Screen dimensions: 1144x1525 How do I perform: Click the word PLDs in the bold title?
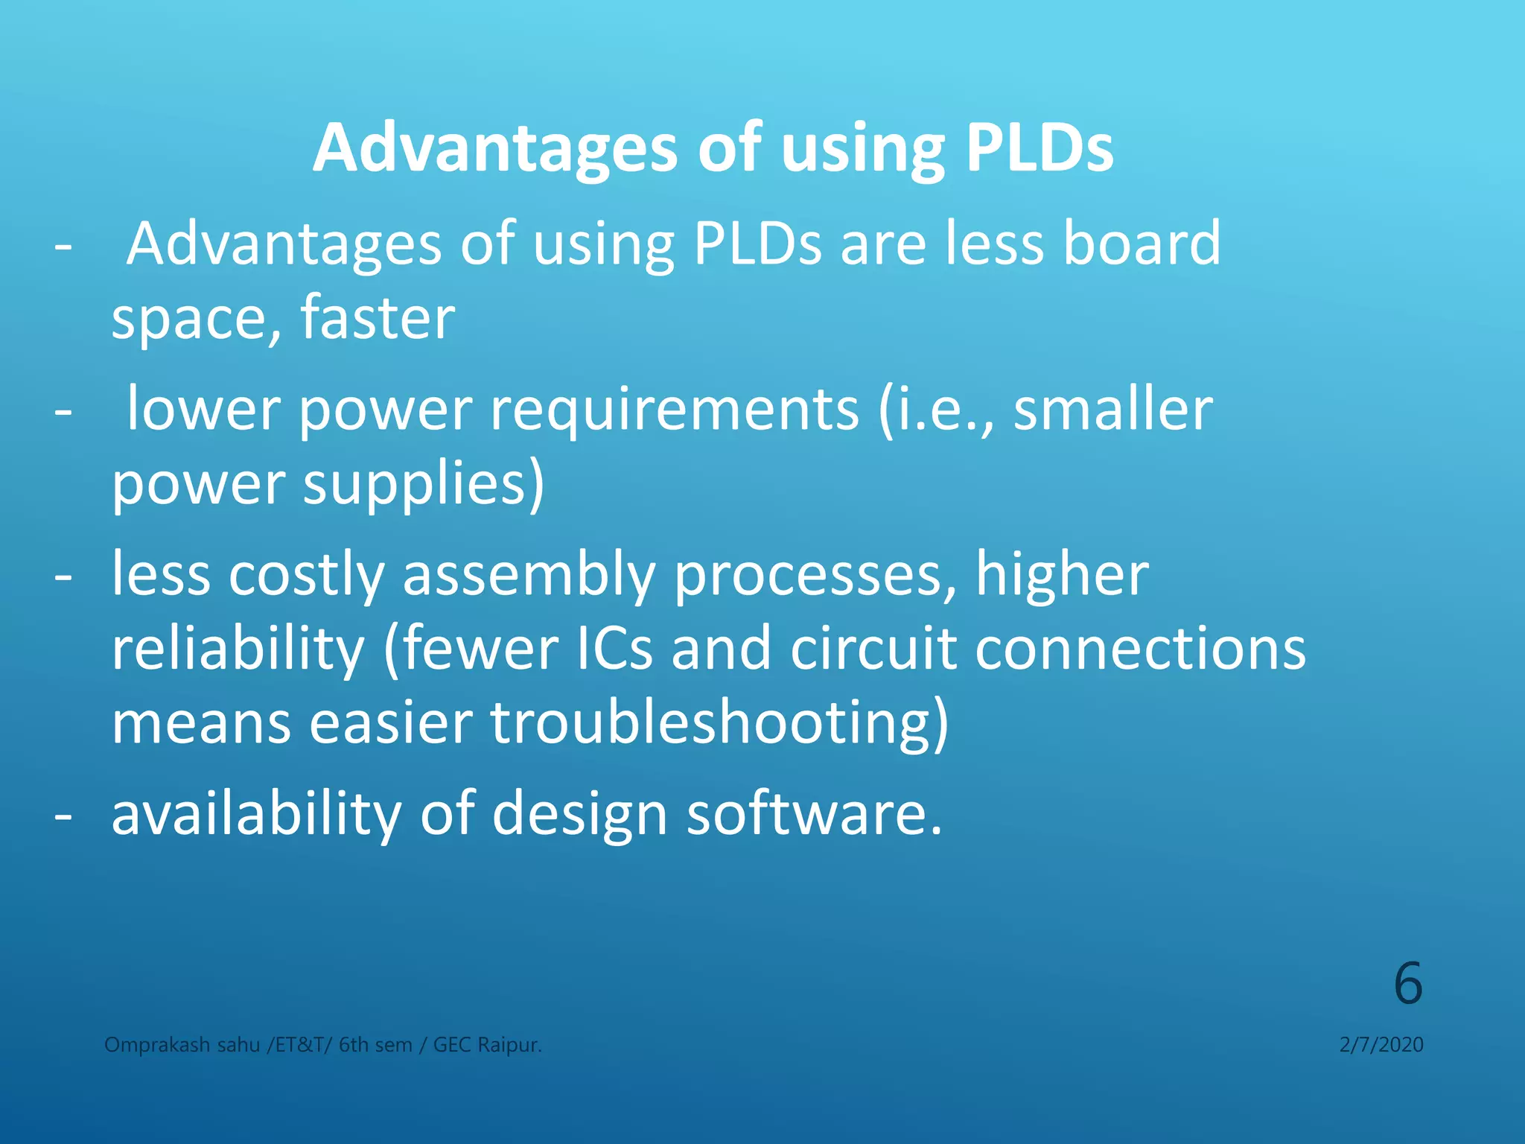(1039, 148)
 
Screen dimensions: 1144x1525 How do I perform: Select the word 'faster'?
(378, 318)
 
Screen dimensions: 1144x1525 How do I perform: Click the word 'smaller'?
(1113, 410)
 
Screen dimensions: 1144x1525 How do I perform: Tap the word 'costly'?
(306, 575)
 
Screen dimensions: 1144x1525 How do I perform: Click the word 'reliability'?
(238, 649)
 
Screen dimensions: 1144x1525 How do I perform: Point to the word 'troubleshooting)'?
(719, 723)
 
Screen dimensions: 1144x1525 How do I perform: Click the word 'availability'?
(256, 813)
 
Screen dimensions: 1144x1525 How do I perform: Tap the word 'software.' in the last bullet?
(814, 813)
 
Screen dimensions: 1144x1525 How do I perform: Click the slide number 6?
(1407, 984)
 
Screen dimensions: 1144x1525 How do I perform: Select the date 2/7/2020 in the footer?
(1381, 1045)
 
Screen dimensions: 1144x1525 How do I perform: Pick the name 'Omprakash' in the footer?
(157, 1045)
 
